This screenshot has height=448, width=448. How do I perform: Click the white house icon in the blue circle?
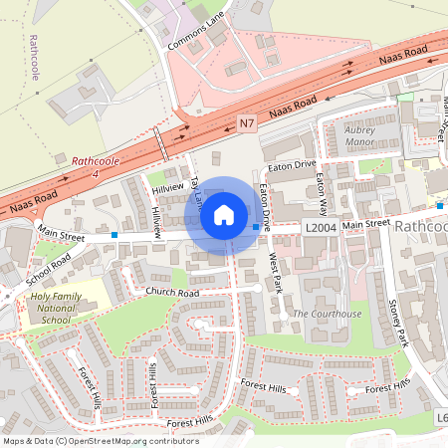pos(224,214)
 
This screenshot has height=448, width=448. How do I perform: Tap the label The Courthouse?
pos(328,315)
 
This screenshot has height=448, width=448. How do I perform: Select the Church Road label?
pos(173,293)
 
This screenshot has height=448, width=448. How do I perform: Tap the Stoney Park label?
pos(399,322)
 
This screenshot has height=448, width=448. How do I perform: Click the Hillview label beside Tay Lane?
pos(167,187)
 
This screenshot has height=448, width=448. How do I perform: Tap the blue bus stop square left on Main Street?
pos(115,236)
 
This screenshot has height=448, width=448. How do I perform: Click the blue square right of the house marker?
pos(256,228)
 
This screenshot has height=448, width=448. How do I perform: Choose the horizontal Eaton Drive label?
pos(292,163)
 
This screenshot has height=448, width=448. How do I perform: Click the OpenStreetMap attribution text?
pos(101,440)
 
